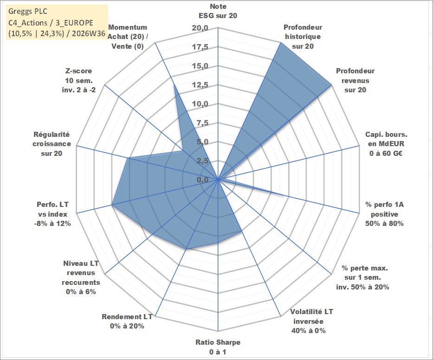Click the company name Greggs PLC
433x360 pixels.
pyautogui.click(x=28, y=12)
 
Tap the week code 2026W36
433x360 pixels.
pyautogui.click(x=88, y=34)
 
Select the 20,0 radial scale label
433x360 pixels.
pyautogui.click(x=200, y=28)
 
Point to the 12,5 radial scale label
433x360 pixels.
pyautogui.click(x=200, y=85)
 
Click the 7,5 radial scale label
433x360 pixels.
pyautogui.click(x=202, y=123)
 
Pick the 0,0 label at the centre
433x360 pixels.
pyautogui.click(x=202, y=180)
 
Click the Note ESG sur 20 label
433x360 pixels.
pyautogui.click(x=218, y=11)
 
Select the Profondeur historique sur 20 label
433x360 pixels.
pyautogui.click(x=303, y=37)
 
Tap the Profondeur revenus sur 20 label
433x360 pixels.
pyautogui.click(x=355, y=80)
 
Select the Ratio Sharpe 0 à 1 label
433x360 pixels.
pyautogui.click(x=218, y=347)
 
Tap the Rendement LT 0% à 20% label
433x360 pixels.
pyautogui.click(x=127, y=321)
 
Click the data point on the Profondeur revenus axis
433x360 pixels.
pyautogui.click(x=331, y=85)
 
